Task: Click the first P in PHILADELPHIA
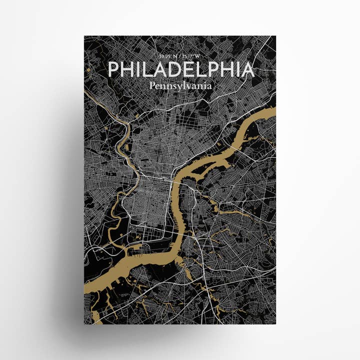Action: (x=114, y=69)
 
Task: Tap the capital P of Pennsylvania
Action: (x=151, y=85)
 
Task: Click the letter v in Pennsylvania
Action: (x=187, y=86)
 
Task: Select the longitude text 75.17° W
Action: (x=192, y=56)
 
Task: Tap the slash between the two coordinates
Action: (x=180, y=56)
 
